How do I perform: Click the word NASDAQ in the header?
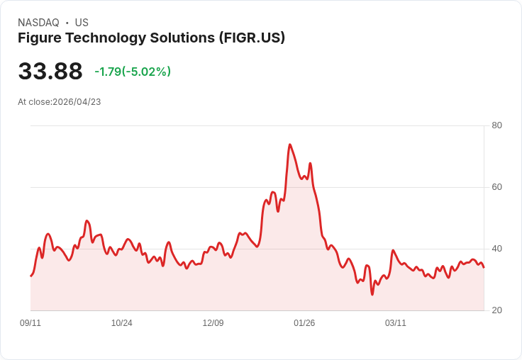coord(38,23)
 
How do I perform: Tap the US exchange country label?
coord(82,23)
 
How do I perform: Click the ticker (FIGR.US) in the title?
coord(252,38)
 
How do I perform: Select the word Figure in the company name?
coord(39,38)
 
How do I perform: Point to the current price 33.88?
coord(50,72)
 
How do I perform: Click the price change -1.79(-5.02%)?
coord(133,72)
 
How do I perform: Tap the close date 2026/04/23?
coord(77,102)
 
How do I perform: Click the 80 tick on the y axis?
coord(496,125)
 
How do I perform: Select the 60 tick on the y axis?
coord(496,187)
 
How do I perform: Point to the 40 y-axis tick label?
coord(496,249)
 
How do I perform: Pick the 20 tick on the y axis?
coord(496,310)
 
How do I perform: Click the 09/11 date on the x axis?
coord(30,323)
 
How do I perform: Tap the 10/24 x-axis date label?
coord(122,323)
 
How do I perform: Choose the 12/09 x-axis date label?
coord(213,323)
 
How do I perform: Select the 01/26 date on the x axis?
coord(304,323)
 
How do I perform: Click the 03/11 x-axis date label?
coord(396,323)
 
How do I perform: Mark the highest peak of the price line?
coord(289,145)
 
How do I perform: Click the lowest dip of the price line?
coord(372,294)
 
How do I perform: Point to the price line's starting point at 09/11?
coord(30,276)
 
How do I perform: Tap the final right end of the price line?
coord(484,267)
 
